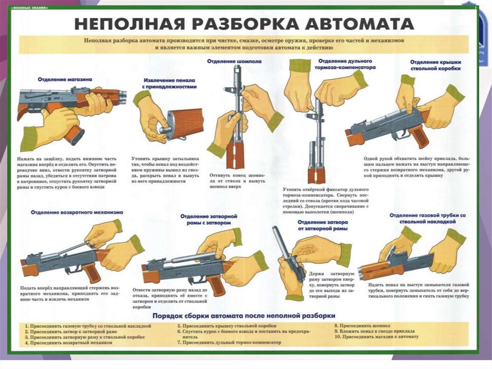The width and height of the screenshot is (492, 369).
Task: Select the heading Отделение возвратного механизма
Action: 77,212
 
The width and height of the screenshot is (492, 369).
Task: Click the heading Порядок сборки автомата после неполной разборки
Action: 244,316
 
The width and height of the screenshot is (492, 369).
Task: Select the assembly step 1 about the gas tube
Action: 88,326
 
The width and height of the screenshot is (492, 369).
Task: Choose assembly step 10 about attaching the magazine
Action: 377,337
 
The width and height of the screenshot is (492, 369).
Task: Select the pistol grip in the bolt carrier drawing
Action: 215,284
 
